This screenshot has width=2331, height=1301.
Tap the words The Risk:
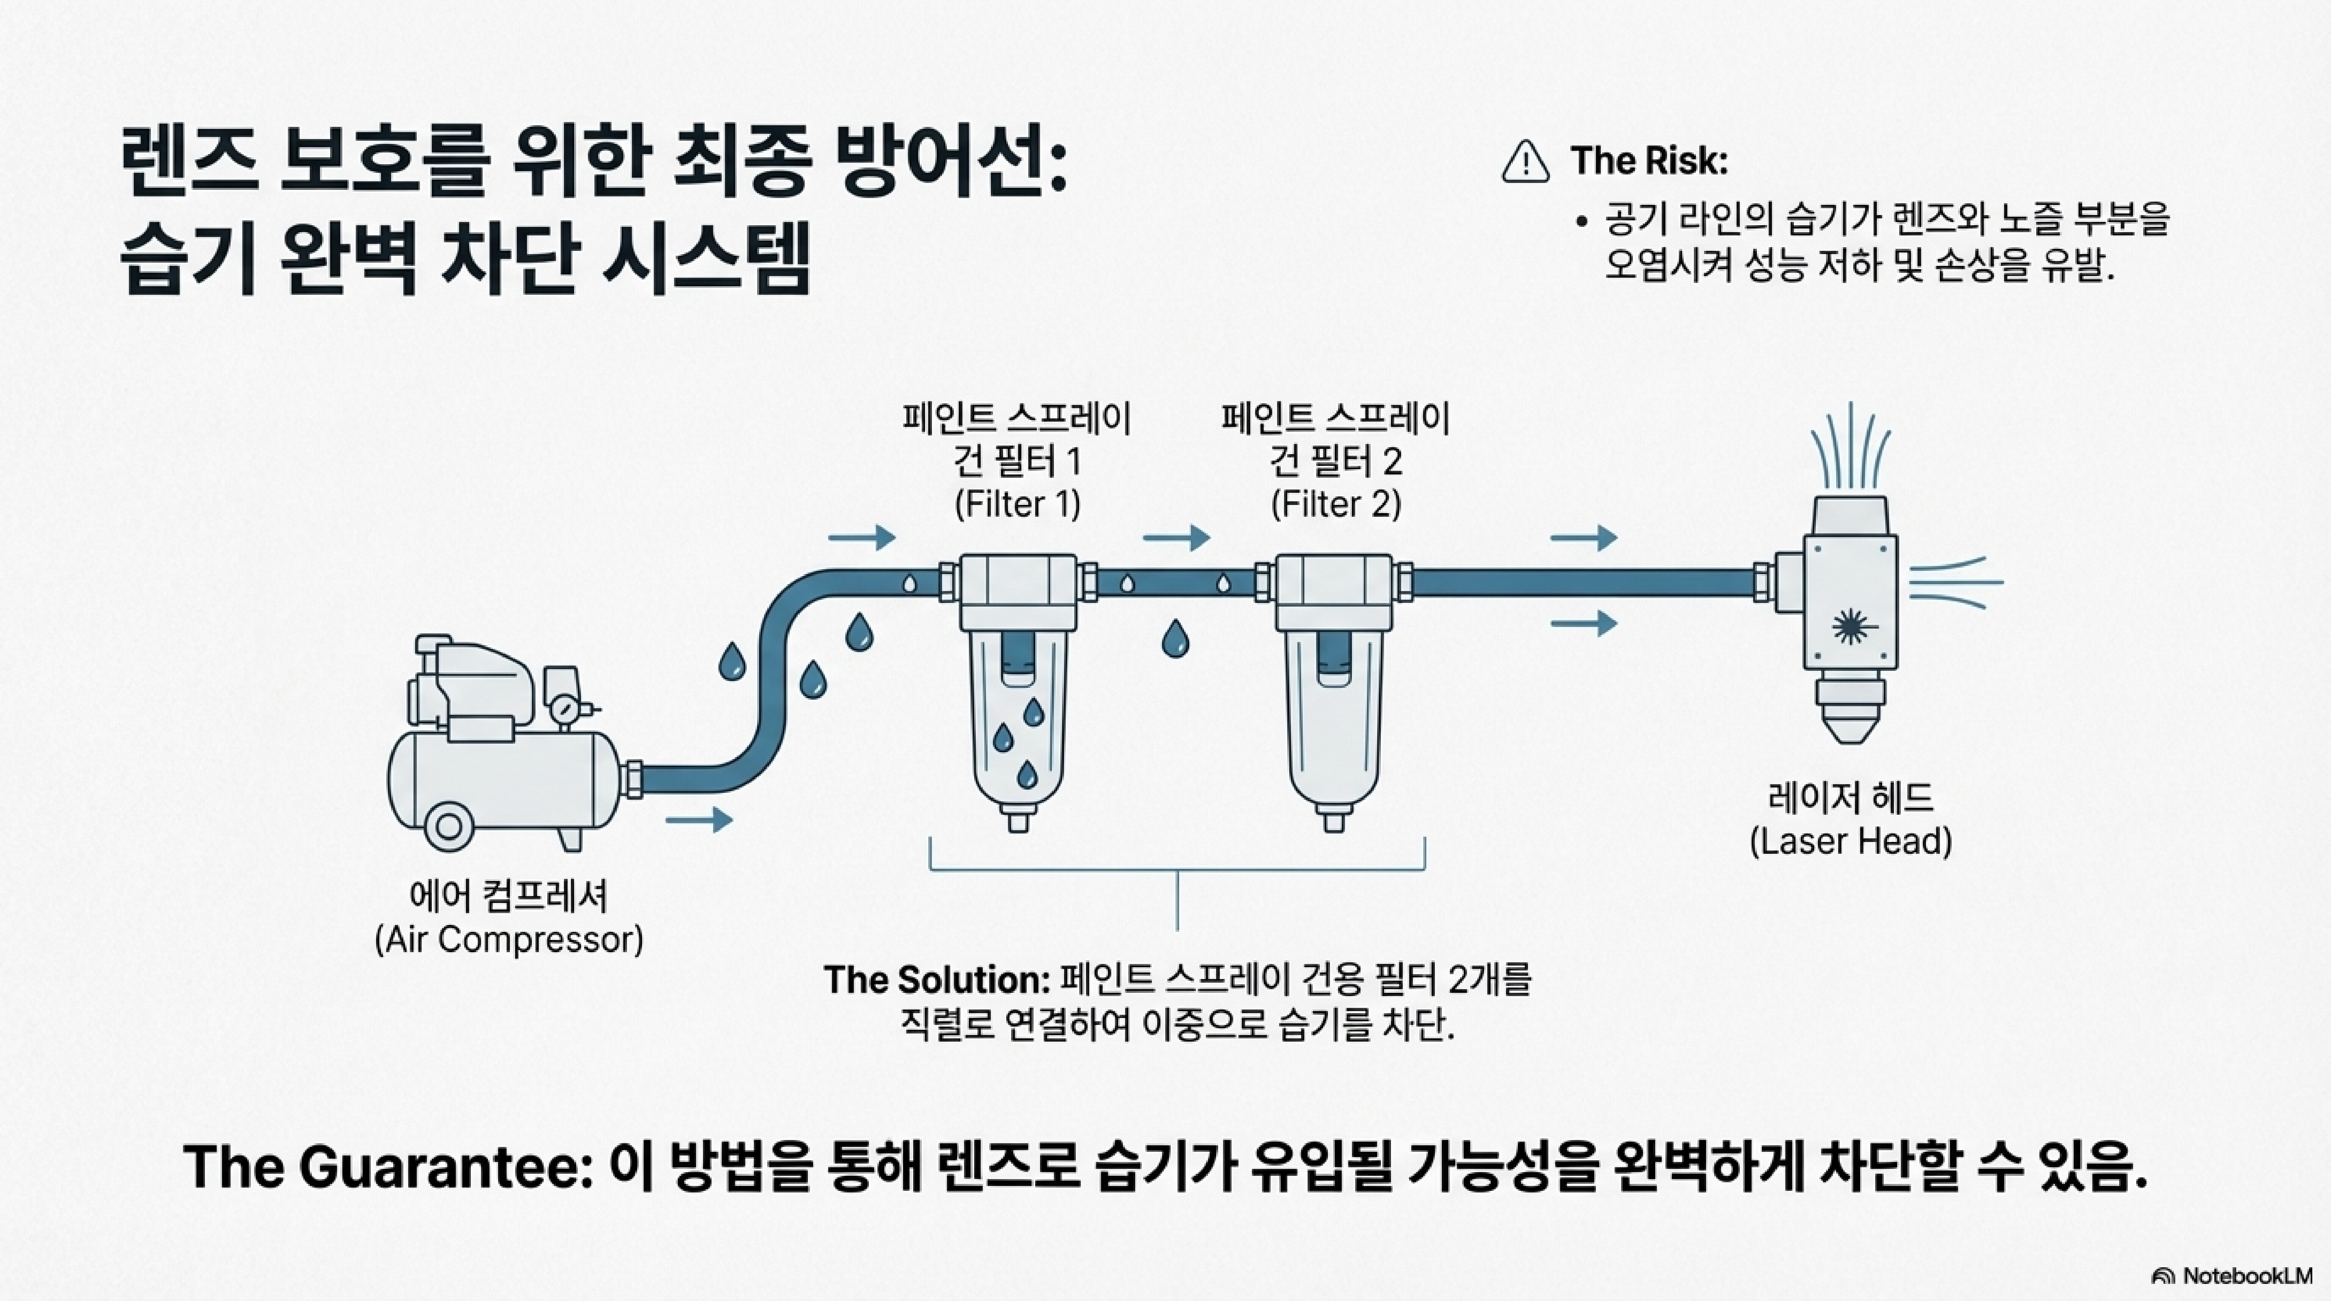click(x=1649, y=161)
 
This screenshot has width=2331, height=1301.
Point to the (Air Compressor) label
click(x=509, y=939)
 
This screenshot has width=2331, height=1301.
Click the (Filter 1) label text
click(x=1017, y=504)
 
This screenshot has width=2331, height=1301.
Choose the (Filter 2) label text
click(x=1336, y=504)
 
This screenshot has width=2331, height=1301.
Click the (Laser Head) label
click(x=1850, y=842)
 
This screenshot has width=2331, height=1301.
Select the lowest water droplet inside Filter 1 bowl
click(x=1026, y=774)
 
